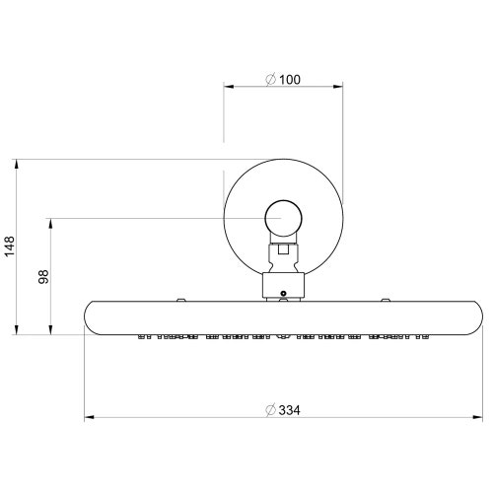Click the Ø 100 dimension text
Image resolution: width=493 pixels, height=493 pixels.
(284, 79)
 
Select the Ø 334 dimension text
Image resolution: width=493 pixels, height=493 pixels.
(284, 408)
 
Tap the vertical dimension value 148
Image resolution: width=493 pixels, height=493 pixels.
(10, 246)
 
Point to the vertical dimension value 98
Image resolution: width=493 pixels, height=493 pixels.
(43, 276)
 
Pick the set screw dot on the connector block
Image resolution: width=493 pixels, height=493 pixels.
(284, 292)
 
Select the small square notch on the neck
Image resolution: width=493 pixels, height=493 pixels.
(284, 250)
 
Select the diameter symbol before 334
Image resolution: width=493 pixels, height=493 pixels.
(270, 408)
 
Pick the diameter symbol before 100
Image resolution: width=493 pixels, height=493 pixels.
(271, 79)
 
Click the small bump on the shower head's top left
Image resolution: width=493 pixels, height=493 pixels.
(180, 298)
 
